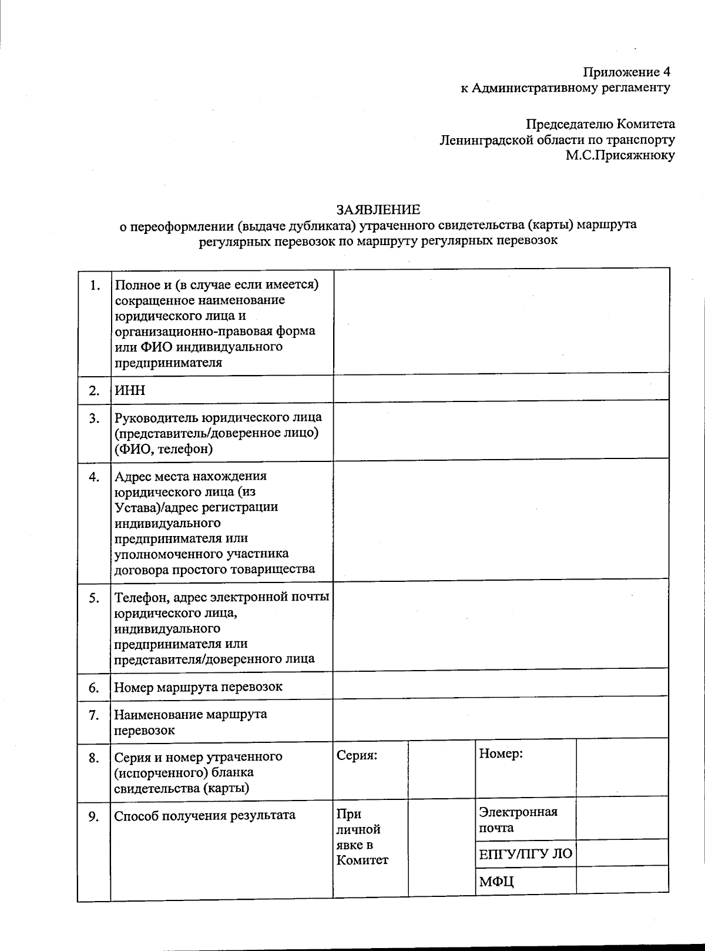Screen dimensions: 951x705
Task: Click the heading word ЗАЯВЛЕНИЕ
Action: (x=378, y=209)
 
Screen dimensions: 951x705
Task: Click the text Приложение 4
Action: (x=626, y=72)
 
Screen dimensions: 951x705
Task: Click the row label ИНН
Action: (x=130, y=391)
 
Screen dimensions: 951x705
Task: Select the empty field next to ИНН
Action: (x=501, y=388)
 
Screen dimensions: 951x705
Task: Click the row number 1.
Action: (x=95, y=286)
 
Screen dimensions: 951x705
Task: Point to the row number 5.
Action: (x=94, y=598)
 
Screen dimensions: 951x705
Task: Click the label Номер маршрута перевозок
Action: (x=198, y=687)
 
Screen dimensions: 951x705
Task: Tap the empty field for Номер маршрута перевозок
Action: (x=500, y=685)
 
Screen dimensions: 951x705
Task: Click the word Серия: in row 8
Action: (x=357, y=756)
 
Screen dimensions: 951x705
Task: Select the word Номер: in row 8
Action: (x=501, y=754)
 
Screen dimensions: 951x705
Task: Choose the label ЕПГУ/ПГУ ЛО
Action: (x=525, y=853)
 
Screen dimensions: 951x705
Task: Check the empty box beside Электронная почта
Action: (x=622, y=819)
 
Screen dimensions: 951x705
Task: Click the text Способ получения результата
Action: (x=204, y=816)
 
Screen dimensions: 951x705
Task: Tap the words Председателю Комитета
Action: (x=600, y=124)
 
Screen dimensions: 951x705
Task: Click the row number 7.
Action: (x=94, y=715)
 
